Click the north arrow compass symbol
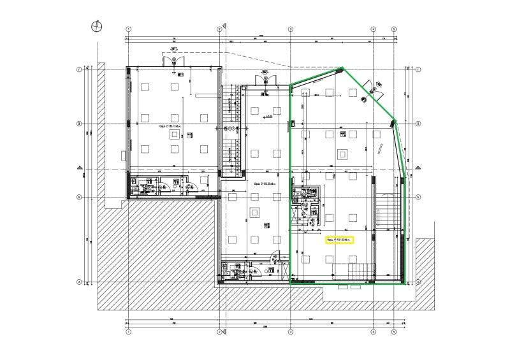tap(96, 25)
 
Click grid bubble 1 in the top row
tap(128, 29)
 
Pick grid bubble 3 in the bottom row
tap(291, 332)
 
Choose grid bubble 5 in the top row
tap(394, 29)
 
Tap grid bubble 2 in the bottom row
tap(220, 332)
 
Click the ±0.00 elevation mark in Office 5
tap(267, 117)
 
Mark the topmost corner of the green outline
tap(343, 68)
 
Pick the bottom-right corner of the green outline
tap(405, 283)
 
